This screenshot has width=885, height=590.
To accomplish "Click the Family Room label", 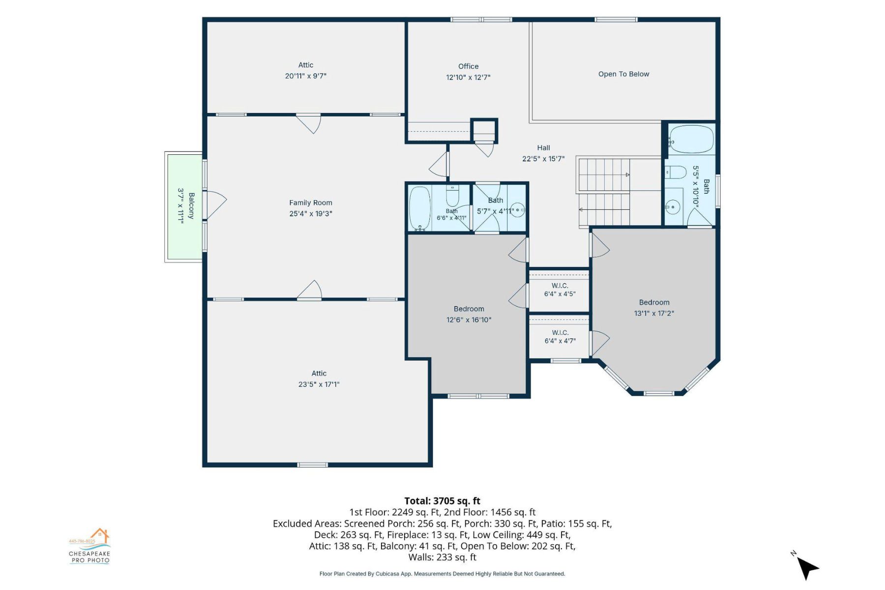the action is (x=311, y=203).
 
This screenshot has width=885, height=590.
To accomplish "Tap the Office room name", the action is (x=468, y=66).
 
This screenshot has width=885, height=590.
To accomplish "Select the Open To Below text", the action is (x=623, y=74).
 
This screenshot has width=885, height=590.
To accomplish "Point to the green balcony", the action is (x=184, y=206).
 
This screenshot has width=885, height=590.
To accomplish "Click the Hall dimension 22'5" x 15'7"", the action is (x=543, y=159).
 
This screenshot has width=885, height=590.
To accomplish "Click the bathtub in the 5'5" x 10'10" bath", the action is (x=691, y=139).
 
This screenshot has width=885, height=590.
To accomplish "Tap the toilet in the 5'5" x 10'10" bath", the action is (x=676, y=173).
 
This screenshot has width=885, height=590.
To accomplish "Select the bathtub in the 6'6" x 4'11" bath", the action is (x=419, y=208).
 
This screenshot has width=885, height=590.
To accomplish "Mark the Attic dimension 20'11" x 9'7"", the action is (x=305, y=76).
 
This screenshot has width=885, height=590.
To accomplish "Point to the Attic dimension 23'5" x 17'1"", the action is (x=319, y=384).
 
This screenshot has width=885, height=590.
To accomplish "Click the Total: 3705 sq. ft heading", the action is (x=442, y=501).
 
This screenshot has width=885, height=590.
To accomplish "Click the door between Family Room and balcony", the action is (x=214, y=205).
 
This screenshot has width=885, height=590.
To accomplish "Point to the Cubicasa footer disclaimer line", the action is (x=442, y=574).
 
